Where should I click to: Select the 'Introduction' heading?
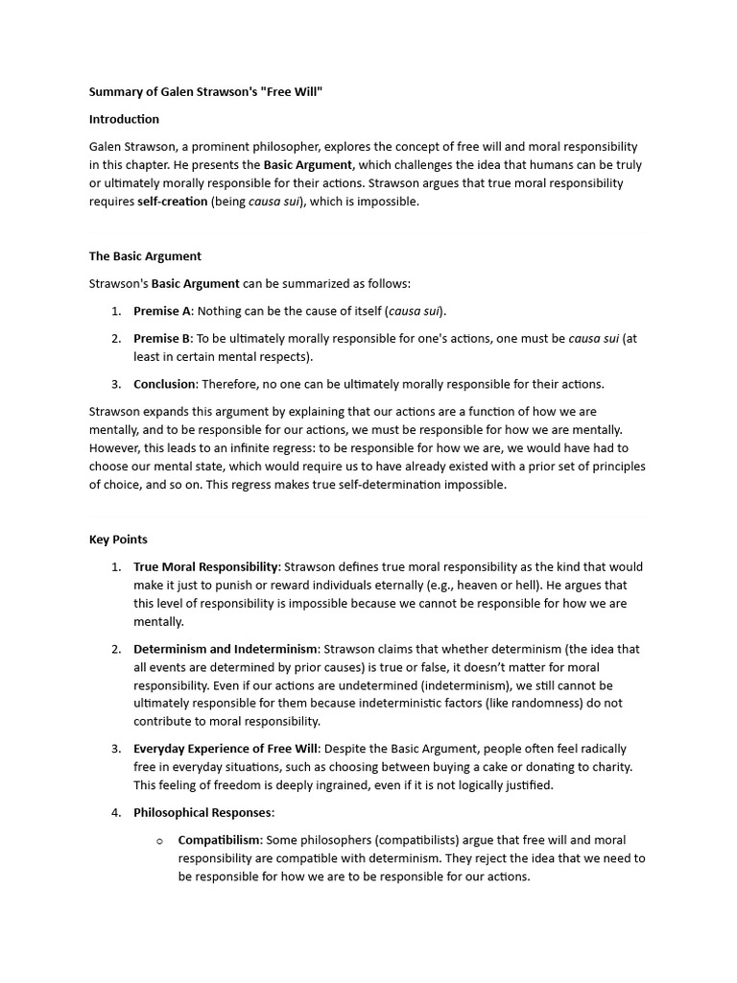[x=124, y=119]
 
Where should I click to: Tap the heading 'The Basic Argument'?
[x=145, y=256]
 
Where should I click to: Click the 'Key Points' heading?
[x=118, y=539]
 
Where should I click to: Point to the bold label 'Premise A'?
[x=162, y=311]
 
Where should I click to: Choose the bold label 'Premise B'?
[x=162, y=338]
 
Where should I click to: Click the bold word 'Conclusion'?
[x=165, y=384]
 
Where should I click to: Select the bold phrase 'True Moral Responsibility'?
[x=206, y=566]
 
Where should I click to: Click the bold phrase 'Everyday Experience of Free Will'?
[x=226, y=749]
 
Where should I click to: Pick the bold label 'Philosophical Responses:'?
[x=203, y=812]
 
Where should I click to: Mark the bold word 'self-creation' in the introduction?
[x=172, y=202]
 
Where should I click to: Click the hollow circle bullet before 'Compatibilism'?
[x=160, y=841]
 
